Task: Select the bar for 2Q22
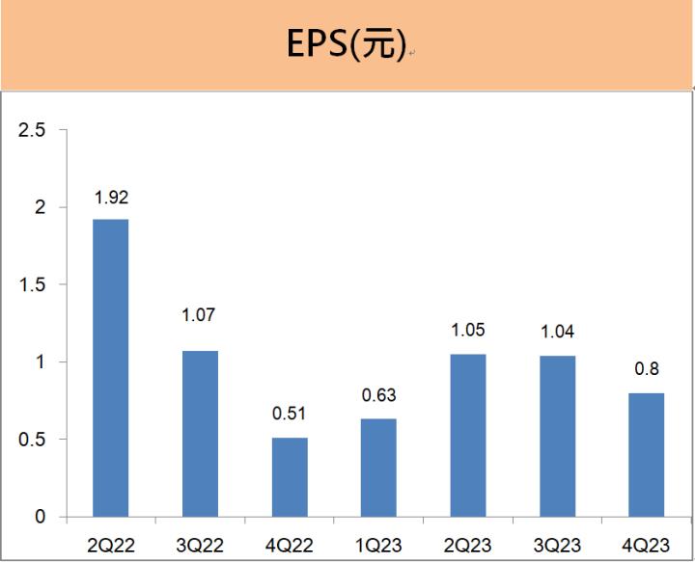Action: pyautogui.click(x=110, y=367)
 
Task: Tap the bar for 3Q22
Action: pyautogui.click(x=200, y=434)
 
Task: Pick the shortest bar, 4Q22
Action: pyautogui.click(x=290, y=477)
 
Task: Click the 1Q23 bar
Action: pyautogui.click(x=378, y=468)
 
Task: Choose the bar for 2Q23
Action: pyautogui.click(x=468, y=435)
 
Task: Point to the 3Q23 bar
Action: pyautogui.click(x=557, y=436)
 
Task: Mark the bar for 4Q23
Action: pyautogui.click(x=647, y=454)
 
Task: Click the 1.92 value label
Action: pyautogui.click(x=111, y=198)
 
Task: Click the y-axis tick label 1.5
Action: pyautogui.click(x=33, y=284)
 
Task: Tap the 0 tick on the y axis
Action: pyautogui.click(x=41, y=518)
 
